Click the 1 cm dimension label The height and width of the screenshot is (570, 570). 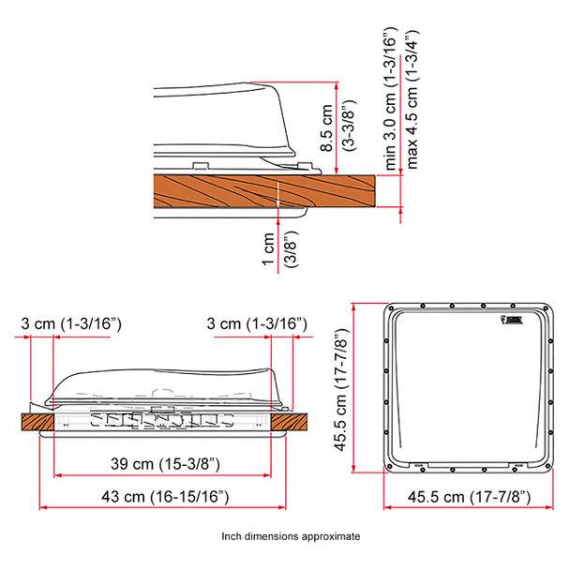click(x=268, y=250)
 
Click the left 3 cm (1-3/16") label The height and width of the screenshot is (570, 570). click(x=72, y=323)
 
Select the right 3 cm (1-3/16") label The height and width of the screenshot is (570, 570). click(x=256, y=323)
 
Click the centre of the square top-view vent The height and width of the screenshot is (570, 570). click(x=466, y=386)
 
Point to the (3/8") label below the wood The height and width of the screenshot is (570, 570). click(x=291, y=250)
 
